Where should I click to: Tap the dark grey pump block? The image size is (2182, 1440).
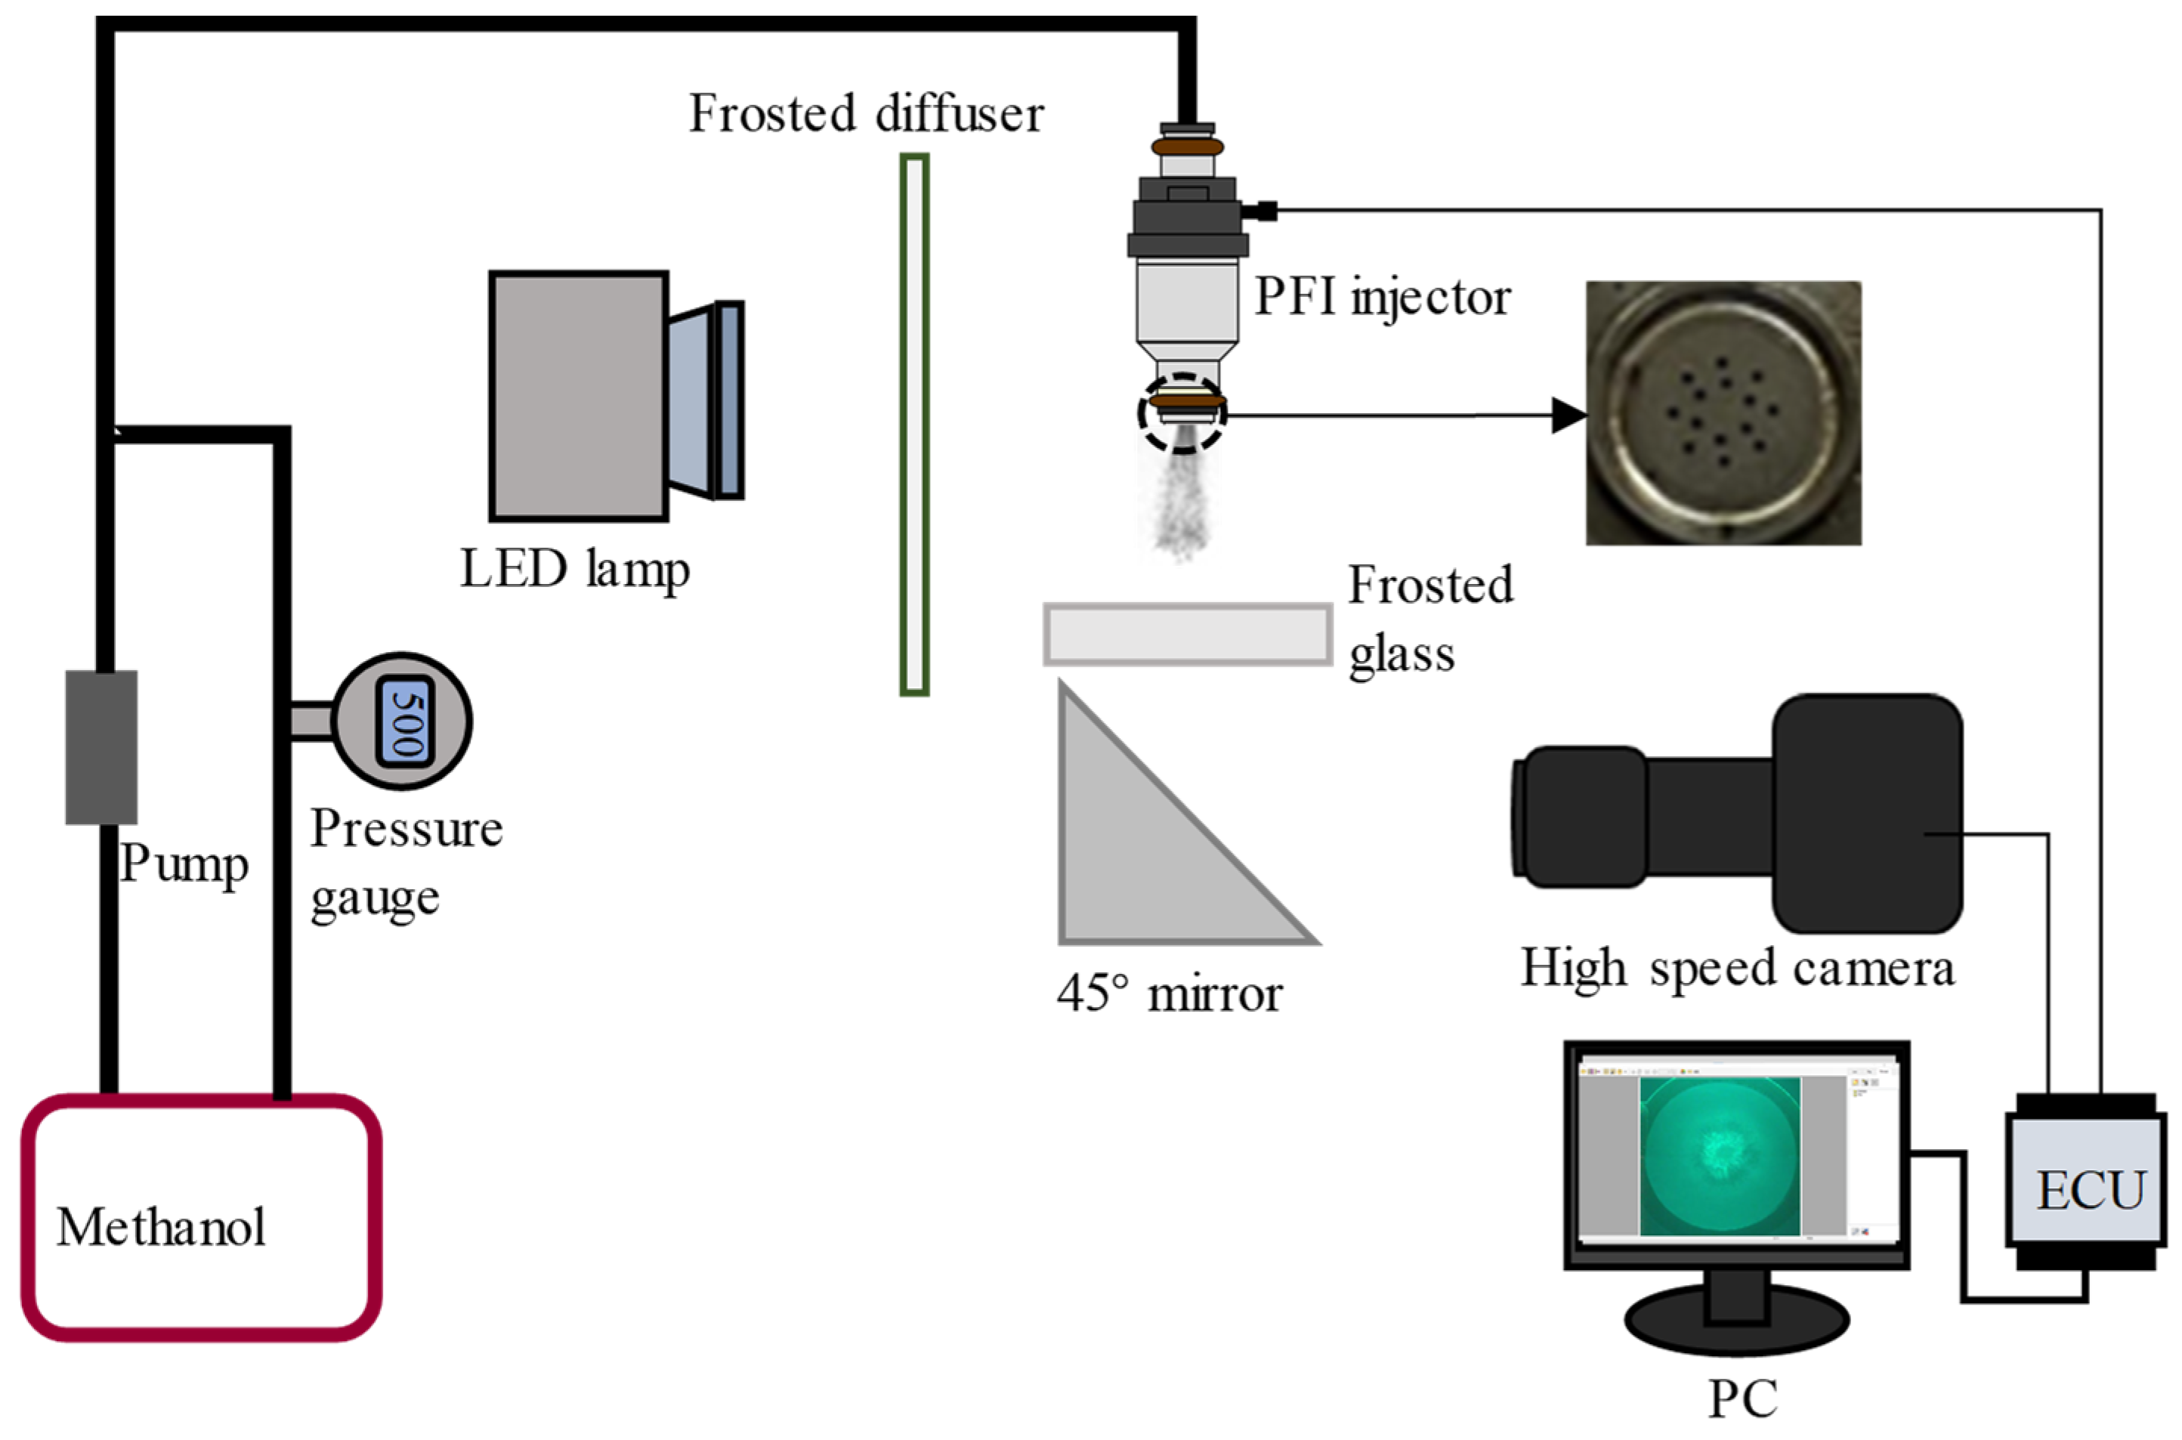pos(101,746)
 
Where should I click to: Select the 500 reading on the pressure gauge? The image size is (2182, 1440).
pos(405,722)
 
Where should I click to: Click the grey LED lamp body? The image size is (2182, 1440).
pos(579,396)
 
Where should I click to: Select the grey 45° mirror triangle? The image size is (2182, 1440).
pos(1148,854)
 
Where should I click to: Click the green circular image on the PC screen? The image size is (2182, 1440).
pos(1719,1155)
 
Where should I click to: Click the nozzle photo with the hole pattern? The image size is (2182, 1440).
pos(1723,413)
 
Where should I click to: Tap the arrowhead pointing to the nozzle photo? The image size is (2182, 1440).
pos(1569,415)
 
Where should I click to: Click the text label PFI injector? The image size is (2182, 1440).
pos(1382,297)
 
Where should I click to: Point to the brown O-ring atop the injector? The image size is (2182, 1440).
pos(1188,147)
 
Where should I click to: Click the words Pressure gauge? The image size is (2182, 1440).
pos(405,861)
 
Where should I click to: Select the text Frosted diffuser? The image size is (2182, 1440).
pos(866,114)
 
